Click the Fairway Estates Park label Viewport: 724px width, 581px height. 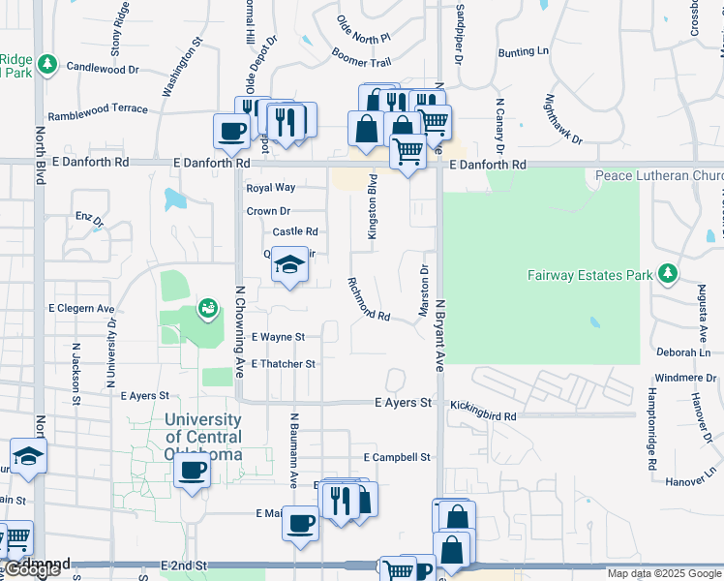click(x=589, y=275)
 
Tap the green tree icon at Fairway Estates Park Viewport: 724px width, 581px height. click(x=667, y=274)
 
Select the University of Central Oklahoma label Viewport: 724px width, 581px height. click(x=202, y=437)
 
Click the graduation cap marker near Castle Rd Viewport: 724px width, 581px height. click(x=288, y=264)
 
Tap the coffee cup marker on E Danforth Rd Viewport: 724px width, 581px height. click(x=232, y=131)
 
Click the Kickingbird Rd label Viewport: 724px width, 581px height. click(x=483, y=415)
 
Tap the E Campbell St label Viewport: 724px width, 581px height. click(x=397, y=457)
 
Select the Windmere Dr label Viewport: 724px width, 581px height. click(x=684, y=377)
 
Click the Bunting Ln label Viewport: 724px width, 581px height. click(x=523, y=51)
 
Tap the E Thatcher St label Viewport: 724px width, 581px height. click(x=283, y=364)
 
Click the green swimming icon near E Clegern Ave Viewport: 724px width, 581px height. click(x=206, y=309)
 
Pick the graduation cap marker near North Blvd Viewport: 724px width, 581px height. click(x=28, y=455)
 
